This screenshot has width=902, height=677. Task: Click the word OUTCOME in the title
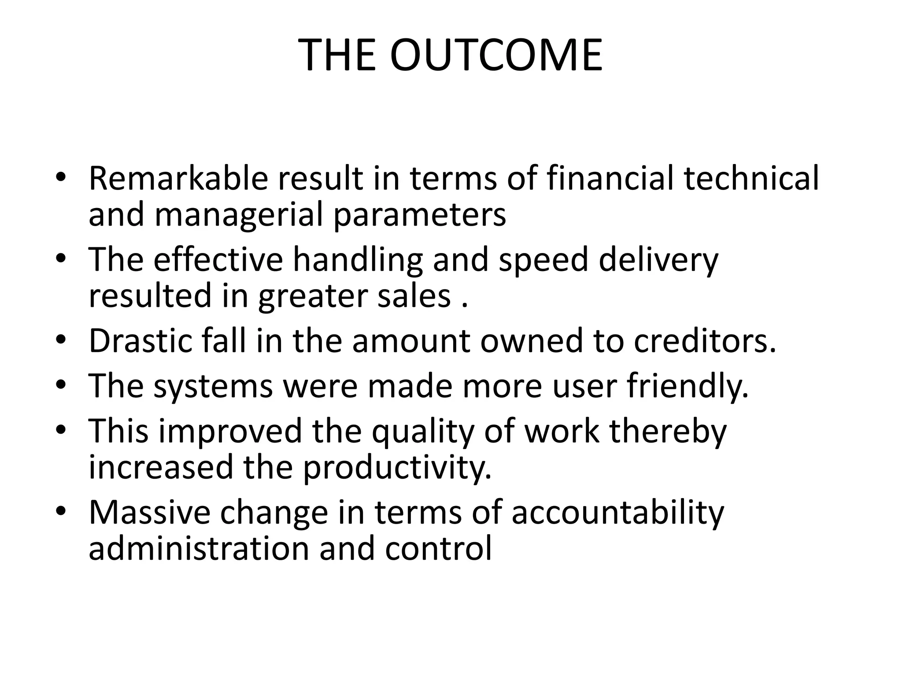tap(496, 56)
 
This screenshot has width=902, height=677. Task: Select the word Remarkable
tap(178, 178)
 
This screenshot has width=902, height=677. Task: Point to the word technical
tap(751, 178)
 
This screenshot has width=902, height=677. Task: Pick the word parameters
tap(420, 215)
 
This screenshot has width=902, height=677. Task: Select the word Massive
tap(150, 512)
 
